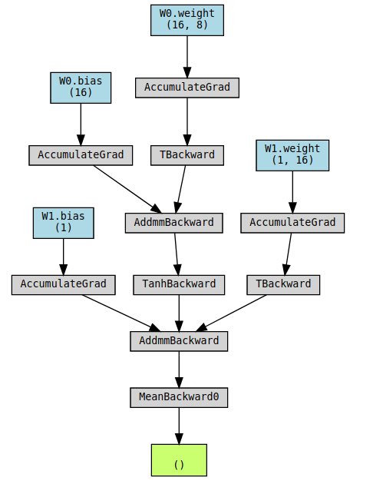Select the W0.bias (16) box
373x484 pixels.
81,88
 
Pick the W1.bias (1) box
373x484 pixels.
64,223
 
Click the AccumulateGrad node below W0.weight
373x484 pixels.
187,88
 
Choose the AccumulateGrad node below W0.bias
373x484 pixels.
81,155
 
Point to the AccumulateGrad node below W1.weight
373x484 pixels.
292,223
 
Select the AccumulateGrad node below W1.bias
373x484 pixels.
64,285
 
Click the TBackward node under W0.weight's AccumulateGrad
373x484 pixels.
187,155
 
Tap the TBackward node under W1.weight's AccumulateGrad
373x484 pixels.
283,285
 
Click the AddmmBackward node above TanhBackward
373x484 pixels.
174,223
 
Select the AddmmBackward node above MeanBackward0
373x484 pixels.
179,341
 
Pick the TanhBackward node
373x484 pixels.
179,285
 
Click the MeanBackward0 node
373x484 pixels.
179,398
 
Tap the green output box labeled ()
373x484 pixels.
179,460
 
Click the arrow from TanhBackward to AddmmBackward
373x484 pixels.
179,313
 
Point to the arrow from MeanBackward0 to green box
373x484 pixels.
179,426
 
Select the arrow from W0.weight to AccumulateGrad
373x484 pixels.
187,57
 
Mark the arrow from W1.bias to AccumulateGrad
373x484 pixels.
64,257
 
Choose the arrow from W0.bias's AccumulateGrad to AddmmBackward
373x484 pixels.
127,189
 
